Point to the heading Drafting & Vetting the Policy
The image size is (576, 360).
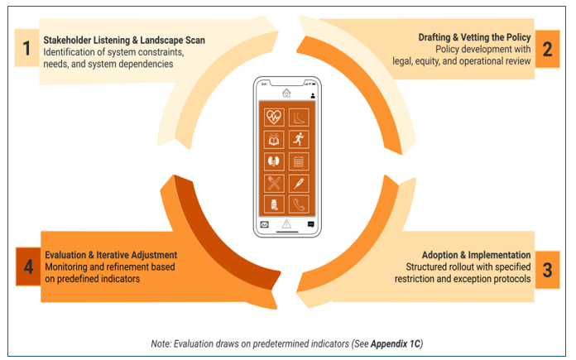click(473, 37)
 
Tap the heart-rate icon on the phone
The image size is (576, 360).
click(274, 118)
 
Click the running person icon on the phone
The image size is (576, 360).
click(300, 139)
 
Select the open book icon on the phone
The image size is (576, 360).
click(274, 139)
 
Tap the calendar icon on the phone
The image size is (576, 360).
click(300, 161)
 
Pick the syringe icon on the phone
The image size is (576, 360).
click(300, 182)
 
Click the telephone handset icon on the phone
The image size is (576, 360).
click(300, 204)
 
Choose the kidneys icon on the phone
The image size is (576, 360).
click(274, 161)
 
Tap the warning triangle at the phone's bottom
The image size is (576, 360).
click(286, 224)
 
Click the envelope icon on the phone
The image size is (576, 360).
click(265, 224)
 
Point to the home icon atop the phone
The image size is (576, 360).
click(286, 93)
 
